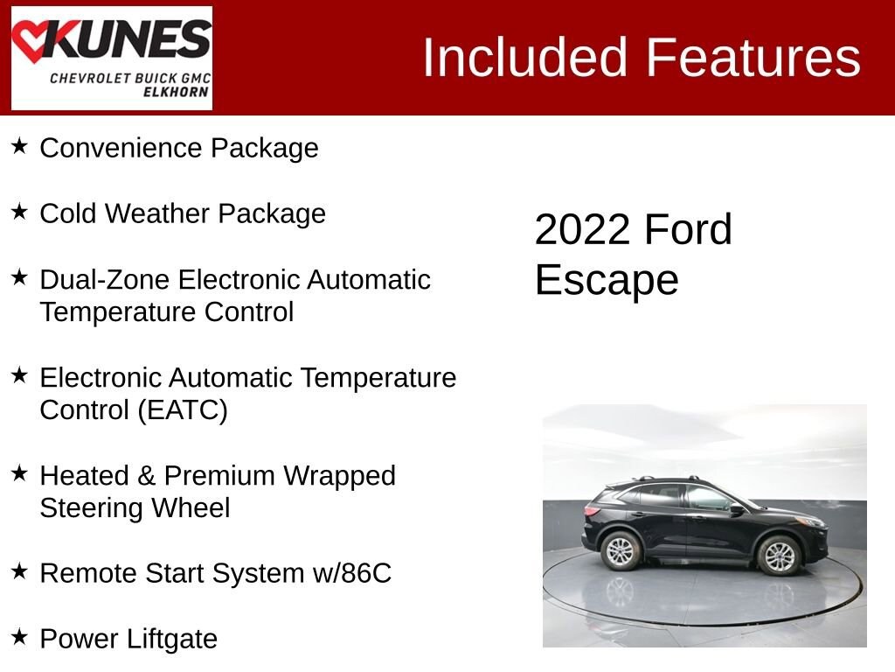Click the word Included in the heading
[x=526, y=58]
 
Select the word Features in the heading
[x=753, y=58]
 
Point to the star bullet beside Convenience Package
[x=19, y=146]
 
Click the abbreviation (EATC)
[x=182, y=410]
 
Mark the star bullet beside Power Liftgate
[x=19, y=637]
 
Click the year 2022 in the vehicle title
[x=582, y=230]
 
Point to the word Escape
[x=607, y=280]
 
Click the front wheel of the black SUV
[x=777, y=555]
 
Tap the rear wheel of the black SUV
[x=621, y=550]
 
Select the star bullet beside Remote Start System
[x=19, y=571]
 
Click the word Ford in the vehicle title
[x=688, y=230]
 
